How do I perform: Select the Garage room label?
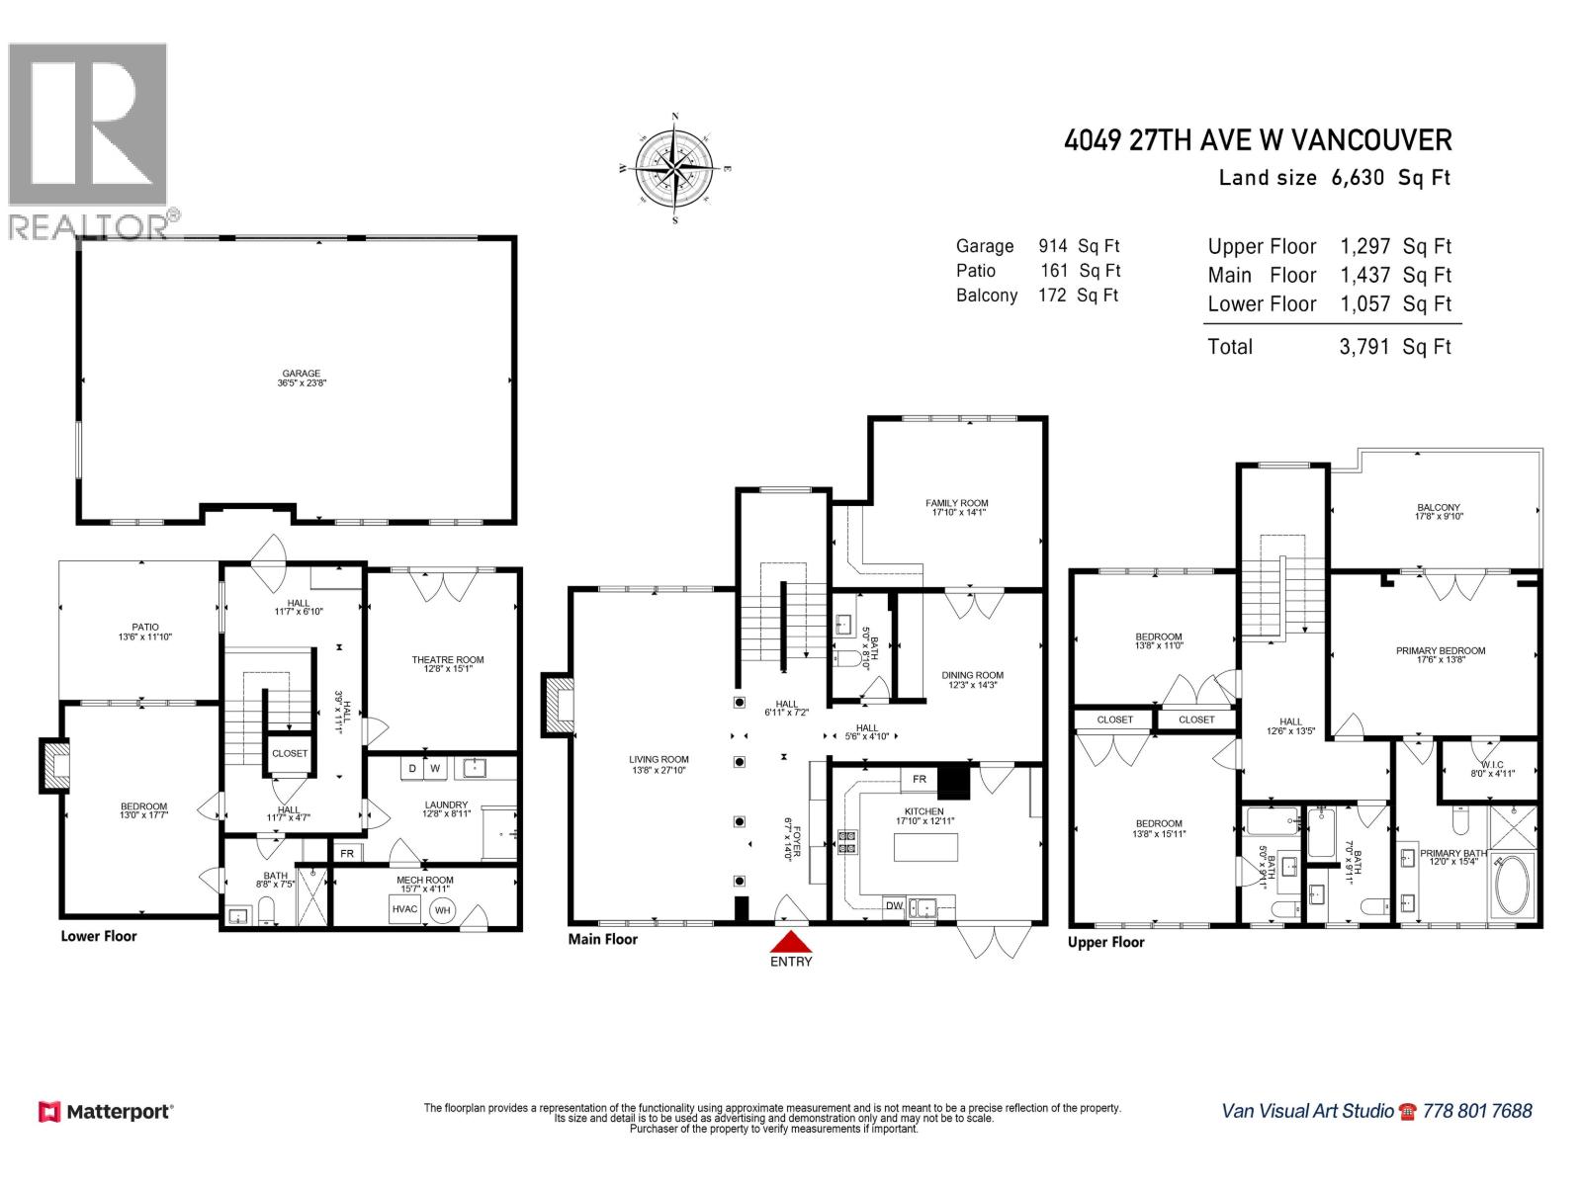pyautogui.click(x=301, y=375)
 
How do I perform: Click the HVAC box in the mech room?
pyautogui.click(x=404, y=909)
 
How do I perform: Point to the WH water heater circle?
pyautogui.click(x=443, y=910)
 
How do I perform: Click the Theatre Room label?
pyautogui.click(x=447, y=660)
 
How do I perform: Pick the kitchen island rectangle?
pyautogui.click(x=925, y=847)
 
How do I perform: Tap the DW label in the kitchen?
pyautogui.click(x=894, y=905)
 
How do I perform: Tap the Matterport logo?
pyautogui.click(x=106, y=1112)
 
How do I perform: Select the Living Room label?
pyautogui.click(x=659, y=760)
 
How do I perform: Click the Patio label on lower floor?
pyautogui.click(x=145, y=627)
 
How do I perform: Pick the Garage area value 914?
pyautogui.click(x=1053, y=246)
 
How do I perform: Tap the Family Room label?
pyautogui.click(x=956, y=504)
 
